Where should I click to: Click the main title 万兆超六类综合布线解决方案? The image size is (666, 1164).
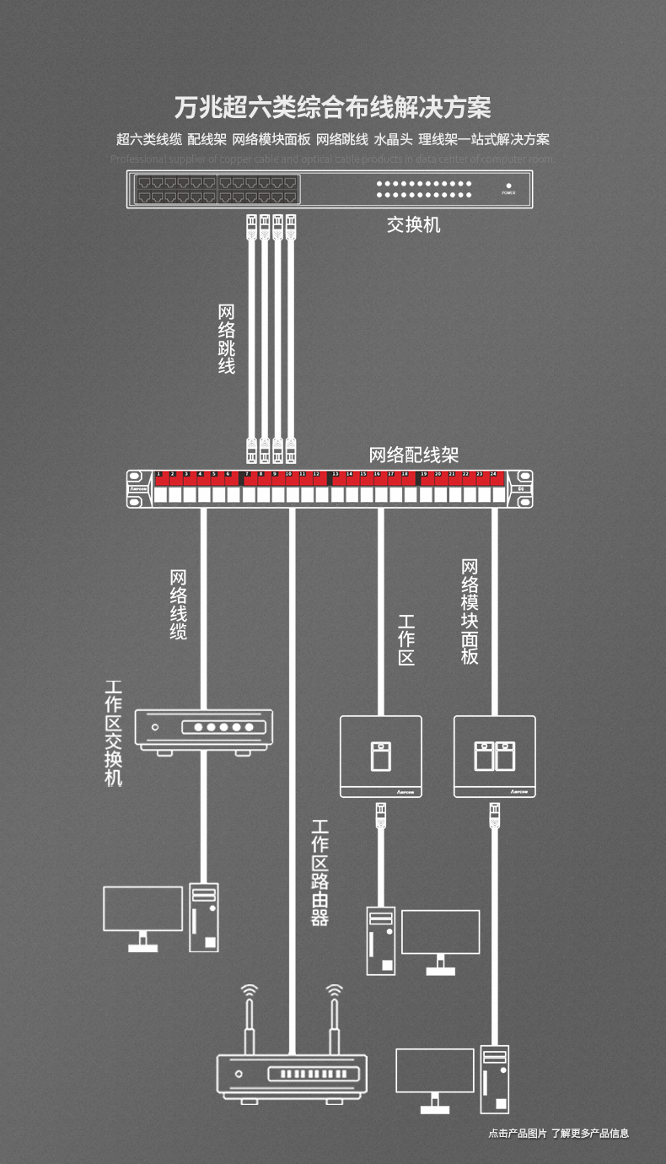(x=333, y=108)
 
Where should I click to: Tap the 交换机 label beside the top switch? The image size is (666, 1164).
(x=413, y=224)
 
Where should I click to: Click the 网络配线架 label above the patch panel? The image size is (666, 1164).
(x=414, y=455)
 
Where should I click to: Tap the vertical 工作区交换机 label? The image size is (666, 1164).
(x=114, y=733)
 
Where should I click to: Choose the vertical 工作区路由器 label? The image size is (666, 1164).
(x=320, y=872)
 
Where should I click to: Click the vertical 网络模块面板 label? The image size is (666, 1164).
(x=470, y=612)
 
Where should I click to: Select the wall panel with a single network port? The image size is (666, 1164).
(x=380, y=756)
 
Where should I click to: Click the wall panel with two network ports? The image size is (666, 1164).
(x=494, y=756)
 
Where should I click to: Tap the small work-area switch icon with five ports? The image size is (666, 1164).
(x=204, y=730)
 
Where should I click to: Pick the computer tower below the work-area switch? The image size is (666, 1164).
(x=204, y=917)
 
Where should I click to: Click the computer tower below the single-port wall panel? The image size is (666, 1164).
(x=381, y=940)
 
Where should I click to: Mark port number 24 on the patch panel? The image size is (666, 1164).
(x=493, y=475)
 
